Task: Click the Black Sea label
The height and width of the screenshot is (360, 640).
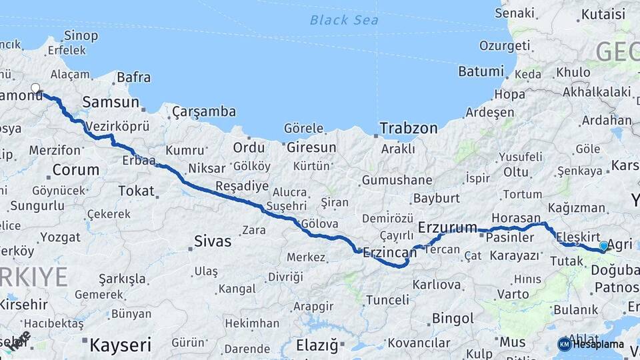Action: tap(344, 20)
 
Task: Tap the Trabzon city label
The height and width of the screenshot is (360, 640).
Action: tap(409, 127)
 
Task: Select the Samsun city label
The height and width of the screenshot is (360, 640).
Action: tap(111, 102)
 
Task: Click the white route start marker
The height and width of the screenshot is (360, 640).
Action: tap(36, 88)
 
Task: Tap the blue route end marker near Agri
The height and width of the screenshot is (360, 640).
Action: tap(604, 246)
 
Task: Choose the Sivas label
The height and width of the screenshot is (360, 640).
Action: tap(212, 241)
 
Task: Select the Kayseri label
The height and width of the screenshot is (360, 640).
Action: tap(121, 345)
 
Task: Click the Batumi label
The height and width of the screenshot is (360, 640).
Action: tap(481, 71)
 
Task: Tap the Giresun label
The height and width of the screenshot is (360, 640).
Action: tap(311, 147)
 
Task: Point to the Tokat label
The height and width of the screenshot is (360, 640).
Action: tap(136, 191)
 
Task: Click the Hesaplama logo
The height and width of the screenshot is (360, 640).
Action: tap(591, 344)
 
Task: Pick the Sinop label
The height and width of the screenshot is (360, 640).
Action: tap(81, 35)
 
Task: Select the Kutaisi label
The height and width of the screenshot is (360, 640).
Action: tap(603, 14)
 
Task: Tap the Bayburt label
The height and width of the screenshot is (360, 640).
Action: tap(437, 198)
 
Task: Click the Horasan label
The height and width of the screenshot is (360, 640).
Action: tap(517, 218)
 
